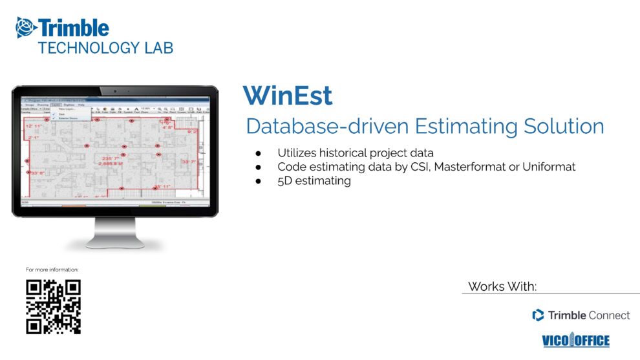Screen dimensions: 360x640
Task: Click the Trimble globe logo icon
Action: (27, 28)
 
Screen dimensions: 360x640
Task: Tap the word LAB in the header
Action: (158, 48)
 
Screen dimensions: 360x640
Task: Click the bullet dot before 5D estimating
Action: (258, 182)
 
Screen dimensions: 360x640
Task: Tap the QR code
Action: (53, 306)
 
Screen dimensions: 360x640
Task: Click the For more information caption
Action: (52, 270)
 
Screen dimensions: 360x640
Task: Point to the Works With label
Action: (502, 286)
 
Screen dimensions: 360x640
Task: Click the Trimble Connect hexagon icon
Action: (538, 315)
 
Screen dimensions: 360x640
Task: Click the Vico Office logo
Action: (575, 341)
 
